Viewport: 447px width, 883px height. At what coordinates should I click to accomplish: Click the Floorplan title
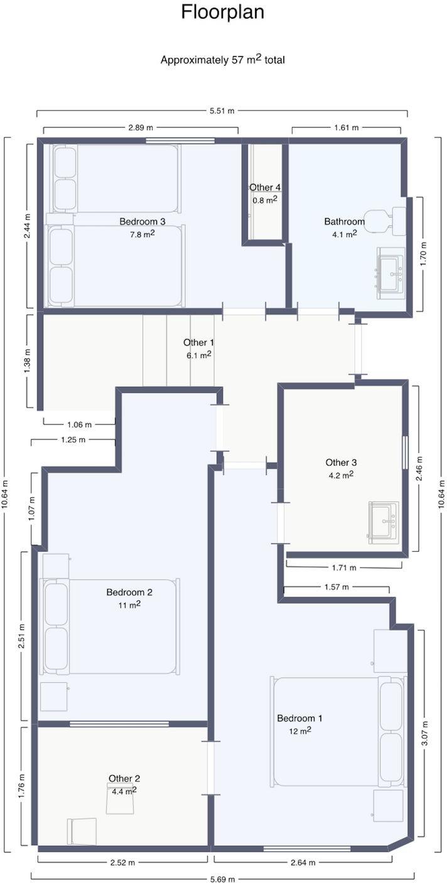pos(222,12)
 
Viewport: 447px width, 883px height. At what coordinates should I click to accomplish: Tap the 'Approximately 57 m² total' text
pos(222,60)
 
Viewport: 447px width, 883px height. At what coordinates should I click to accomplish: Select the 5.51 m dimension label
pos(222,111)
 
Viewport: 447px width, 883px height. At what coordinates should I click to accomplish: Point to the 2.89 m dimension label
pos(141,127)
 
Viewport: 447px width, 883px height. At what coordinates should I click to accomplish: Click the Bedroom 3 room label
pos(143,221)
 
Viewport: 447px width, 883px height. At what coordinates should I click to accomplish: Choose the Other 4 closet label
pos(265,188)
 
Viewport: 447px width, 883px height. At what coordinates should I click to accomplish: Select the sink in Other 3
pos(384,522)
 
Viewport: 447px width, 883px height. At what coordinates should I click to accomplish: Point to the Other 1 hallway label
pos(198,342)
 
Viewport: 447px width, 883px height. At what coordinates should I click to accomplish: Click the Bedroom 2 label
pos(129,591)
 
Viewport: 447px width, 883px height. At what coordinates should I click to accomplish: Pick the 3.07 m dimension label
pos(424,733)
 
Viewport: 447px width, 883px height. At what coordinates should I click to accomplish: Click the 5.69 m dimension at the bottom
pos(222,879)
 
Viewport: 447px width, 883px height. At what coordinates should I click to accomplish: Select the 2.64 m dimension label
pos(303,862)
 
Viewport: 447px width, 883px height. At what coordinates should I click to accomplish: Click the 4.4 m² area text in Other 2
pos(124,791)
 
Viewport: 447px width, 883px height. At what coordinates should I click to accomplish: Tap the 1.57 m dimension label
pos(337,587)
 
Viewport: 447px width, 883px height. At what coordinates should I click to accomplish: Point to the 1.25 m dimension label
pos(73,439)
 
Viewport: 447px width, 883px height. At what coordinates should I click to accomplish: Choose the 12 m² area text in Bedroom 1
pos(300,731)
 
